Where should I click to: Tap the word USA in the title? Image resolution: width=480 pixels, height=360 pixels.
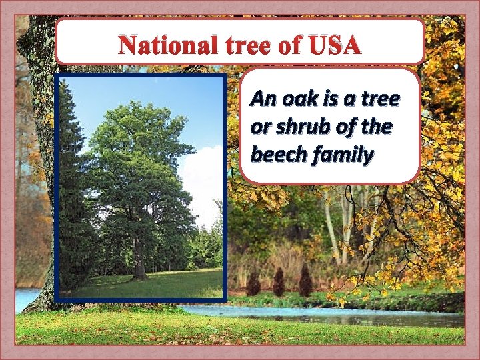[335, 46]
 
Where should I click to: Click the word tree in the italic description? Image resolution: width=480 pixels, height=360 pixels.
[379, 100]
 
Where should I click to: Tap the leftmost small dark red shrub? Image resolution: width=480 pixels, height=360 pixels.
[253, 285]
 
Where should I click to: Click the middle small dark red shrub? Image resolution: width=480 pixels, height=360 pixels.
[279, 283]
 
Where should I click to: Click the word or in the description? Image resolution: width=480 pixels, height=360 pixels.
[260, 127]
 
